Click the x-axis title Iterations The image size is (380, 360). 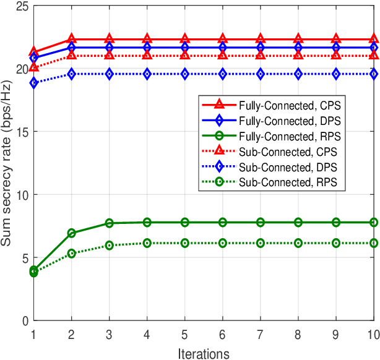click(204, 353)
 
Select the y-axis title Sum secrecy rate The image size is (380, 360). click(7, 163)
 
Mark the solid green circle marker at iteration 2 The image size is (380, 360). click(72, 233)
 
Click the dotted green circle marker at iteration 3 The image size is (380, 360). click(110, 246)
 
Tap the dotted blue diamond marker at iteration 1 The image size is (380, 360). click(34, 83)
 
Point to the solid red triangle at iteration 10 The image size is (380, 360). click(374, 39)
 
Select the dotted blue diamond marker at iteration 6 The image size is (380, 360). click(223, 74)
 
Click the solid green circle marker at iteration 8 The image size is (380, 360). click(298, 222)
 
